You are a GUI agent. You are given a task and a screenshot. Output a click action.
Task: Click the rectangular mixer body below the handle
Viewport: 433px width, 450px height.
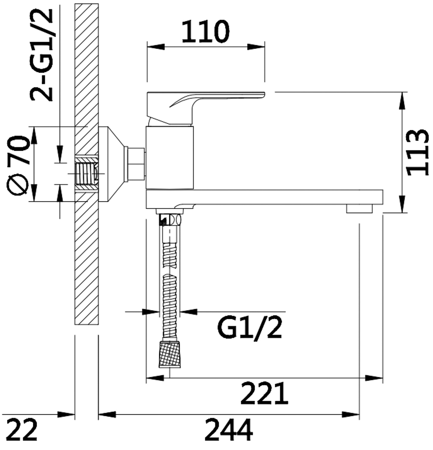(x=170, y=158)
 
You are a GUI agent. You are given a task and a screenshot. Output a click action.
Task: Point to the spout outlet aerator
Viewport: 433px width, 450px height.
(x=359, y=209)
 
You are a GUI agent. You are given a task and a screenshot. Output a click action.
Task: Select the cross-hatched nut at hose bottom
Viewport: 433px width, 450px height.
(x=170, y=354)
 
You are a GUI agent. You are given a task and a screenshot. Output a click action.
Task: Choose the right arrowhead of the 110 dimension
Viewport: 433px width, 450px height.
(x=256, y=47)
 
